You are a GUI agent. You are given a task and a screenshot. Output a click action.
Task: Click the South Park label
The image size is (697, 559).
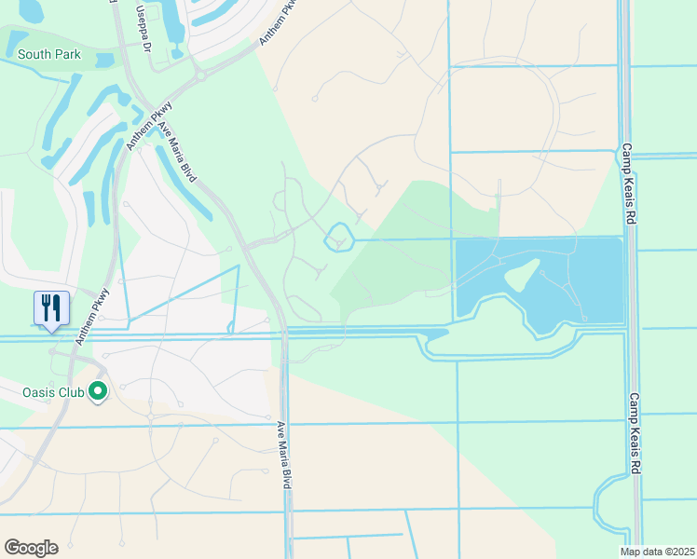(48, 55)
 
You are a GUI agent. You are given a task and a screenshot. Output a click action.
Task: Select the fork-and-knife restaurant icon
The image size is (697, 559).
(50, 308)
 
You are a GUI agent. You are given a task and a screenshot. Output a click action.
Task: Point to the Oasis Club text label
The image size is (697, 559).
(54, 392)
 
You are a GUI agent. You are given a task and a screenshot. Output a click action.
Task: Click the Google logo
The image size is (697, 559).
(31, 548)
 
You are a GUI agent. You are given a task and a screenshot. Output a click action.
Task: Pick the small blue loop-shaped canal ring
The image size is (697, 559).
(338, 239)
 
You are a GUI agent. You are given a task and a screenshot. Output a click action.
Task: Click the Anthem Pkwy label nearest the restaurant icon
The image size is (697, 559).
(93, 317)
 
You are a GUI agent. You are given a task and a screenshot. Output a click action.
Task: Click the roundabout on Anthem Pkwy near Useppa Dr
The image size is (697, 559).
(198, 74)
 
